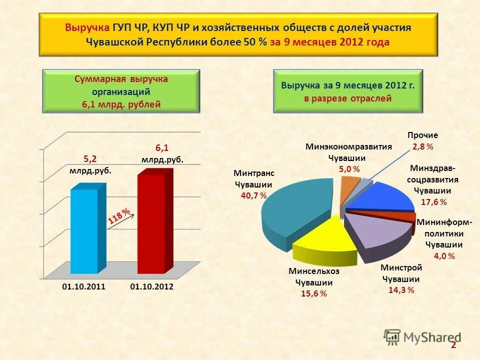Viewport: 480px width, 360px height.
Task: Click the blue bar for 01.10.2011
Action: (x=84, y=230)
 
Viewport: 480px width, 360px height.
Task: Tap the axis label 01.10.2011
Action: (x=83, y=287)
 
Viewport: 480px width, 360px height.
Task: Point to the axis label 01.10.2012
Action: (x=151, y=287)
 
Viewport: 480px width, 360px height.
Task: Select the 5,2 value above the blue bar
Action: (x=90, y=159)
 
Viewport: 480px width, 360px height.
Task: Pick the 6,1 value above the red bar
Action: (x=162, y=148)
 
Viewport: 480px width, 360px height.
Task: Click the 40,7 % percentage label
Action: (x=253, y=195)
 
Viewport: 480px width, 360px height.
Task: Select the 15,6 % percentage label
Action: (x=313, y=293)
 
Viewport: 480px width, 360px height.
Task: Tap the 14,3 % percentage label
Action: (x=401, y=290)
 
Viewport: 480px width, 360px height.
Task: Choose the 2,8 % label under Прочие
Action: (x=422, y=146)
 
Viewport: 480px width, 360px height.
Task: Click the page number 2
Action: (x=453, y=345)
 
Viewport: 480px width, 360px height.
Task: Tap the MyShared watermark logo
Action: (x=422, y=337)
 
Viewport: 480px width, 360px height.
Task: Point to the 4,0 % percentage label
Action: (x=444, y=256)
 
